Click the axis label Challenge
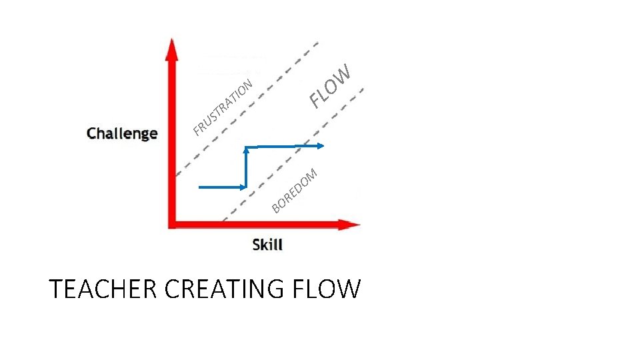(x=122, y=133)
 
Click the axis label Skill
(x=267, y=245)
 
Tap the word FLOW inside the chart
(x=330, y=87)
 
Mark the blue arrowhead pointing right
(x=321, y=145)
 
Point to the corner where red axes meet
(x=173, y=224)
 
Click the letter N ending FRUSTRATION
(x=248, y=83)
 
